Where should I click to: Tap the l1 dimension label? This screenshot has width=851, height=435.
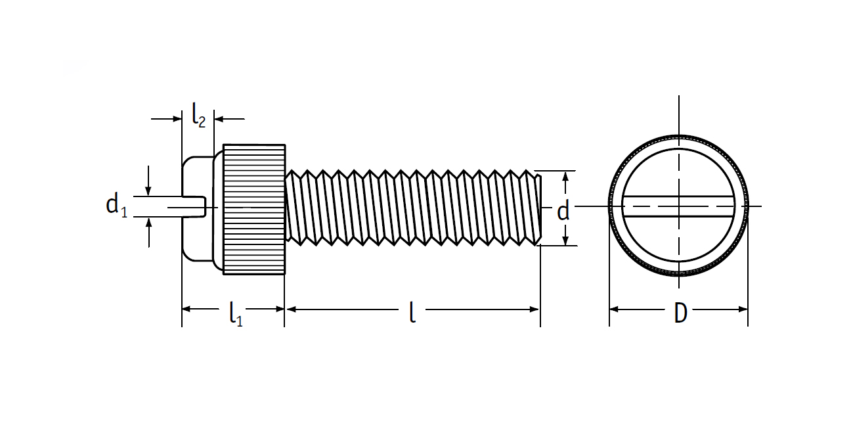pos(236,314)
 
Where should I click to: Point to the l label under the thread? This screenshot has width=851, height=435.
pos(412,312)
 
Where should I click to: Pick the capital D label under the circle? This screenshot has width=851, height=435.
pos(680,313)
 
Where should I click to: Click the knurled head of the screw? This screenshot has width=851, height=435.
pos(253,209)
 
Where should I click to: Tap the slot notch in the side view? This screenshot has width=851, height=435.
pos(194,207)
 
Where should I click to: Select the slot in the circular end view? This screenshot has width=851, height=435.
pos(678,207)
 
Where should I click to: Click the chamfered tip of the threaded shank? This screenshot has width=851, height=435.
pos(538,209)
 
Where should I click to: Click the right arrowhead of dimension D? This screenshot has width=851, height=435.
pos(743,309)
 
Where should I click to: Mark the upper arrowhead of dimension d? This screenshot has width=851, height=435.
pos(565,176)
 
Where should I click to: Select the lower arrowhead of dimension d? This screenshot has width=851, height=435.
pos(565,240)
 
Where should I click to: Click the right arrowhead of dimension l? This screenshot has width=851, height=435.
pos(535,309)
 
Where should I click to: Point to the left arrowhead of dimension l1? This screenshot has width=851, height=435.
pos(187,309)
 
